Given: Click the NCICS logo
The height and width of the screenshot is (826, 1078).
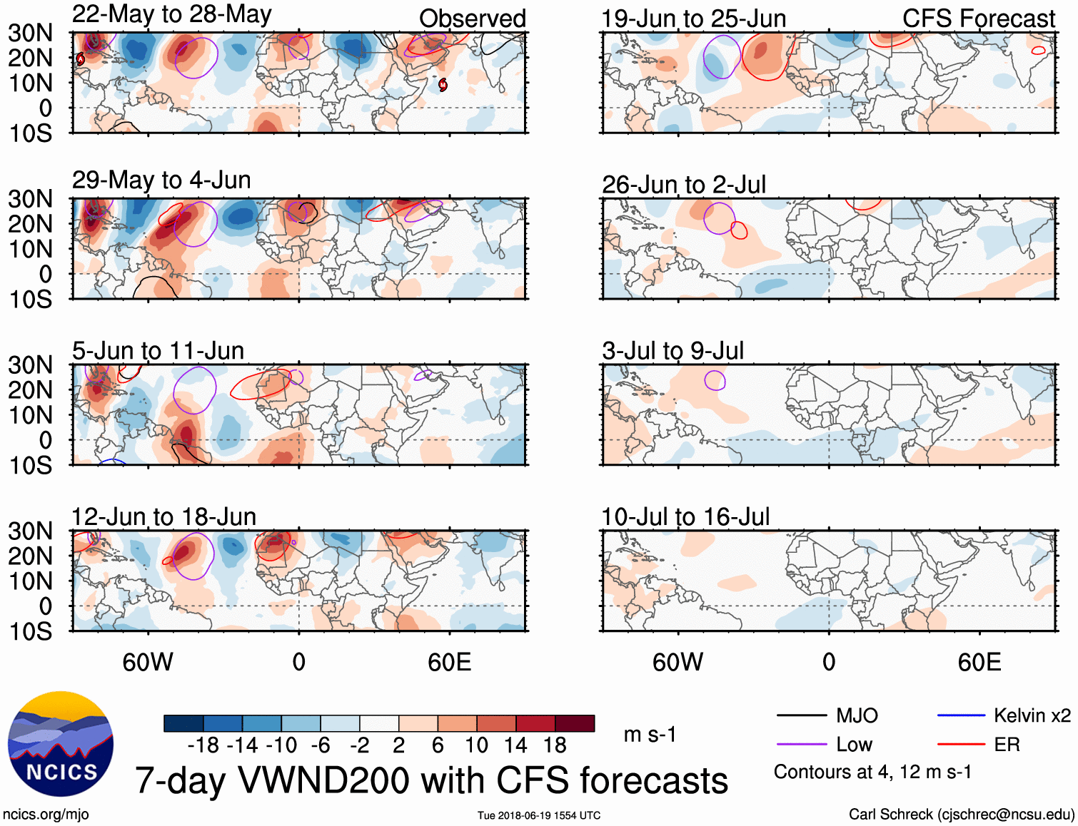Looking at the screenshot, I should (61, 744).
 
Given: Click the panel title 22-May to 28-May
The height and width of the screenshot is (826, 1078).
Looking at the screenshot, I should (171, 15).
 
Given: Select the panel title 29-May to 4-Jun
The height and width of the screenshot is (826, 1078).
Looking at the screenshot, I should (161, 180).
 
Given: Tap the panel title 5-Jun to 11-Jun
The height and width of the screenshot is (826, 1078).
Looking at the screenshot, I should (158, 351).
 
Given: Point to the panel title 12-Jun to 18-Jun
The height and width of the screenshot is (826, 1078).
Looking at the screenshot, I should (163, 517).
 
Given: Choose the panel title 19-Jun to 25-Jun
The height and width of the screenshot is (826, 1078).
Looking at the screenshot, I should (693, 19).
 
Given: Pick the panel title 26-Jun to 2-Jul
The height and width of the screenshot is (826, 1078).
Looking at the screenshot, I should (683, 185).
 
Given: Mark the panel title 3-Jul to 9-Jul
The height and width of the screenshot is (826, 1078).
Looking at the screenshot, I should (673, 351).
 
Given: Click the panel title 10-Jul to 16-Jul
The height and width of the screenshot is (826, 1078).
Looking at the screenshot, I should (685, 517).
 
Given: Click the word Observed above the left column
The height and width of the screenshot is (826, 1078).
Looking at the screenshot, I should (472, 19).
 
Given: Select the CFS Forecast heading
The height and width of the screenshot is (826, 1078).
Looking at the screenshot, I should (978, 19).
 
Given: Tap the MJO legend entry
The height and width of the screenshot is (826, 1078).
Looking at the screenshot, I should (857, 715).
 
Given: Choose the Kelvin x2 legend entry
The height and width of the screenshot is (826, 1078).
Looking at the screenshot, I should (1032, 715).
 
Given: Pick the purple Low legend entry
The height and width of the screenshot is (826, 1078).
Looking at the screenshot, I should (854, 745).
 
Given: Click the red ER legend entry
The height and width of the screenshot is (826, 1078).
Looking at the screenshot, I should (1007, 745).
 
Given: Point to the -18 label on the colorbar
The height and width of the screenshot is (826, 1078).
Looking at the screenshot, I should (203, 745).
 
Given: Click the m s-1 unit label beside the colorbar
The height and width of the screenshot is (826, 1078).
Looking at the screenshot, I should (650, 734).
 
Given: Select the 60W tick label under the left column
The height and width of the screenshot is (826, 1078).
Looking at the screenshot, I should (148, 662).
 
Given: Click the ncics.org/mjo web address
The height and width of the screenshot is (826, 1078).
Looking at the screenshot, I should (46, 815).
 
